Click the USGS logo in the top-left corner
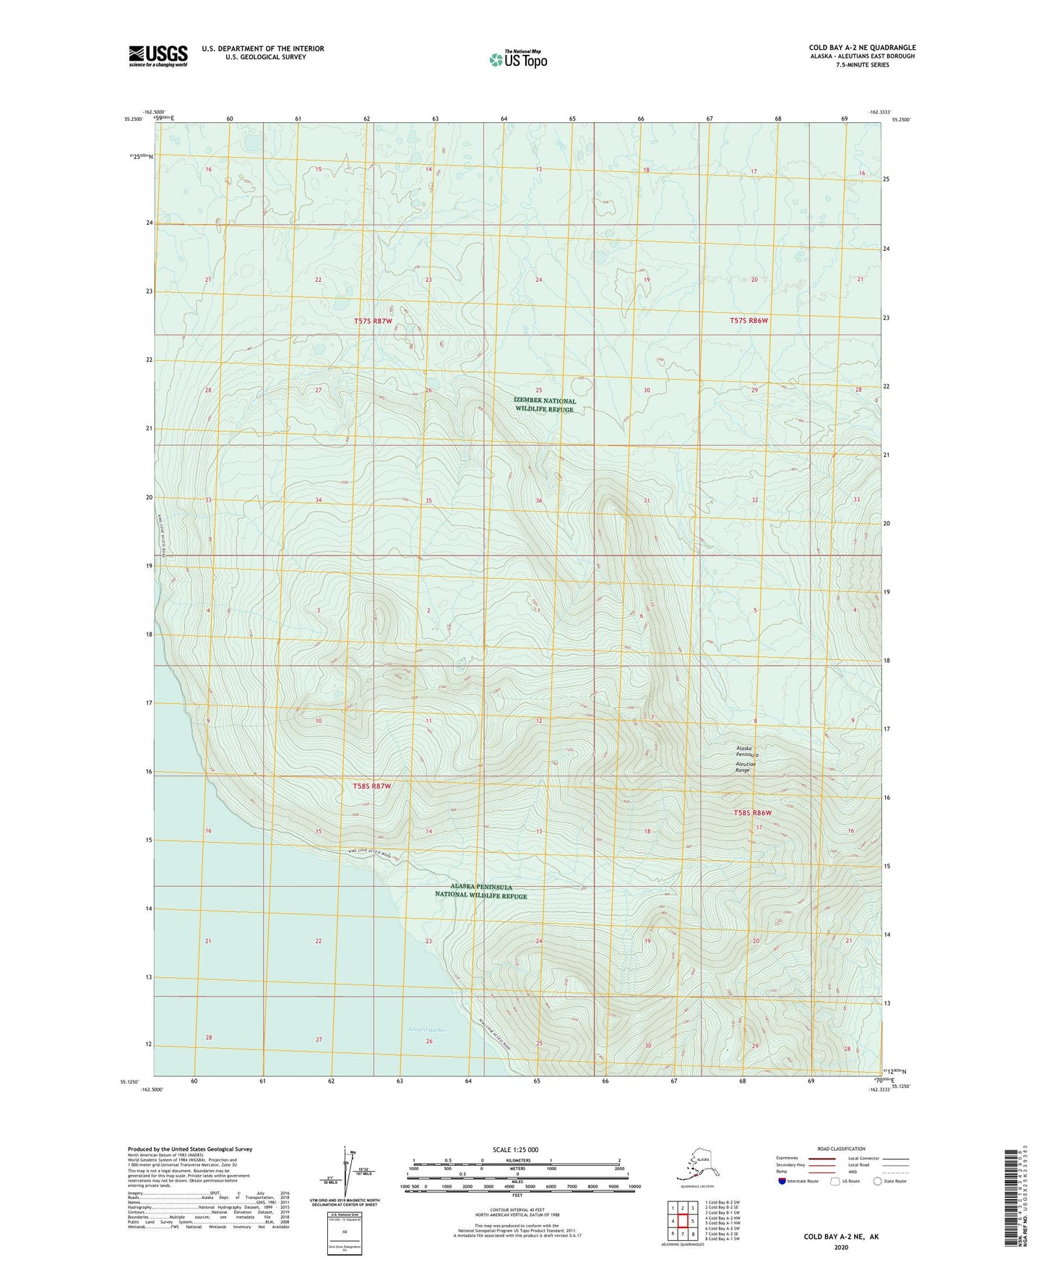coord(158,56)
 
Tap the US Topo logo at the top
coord(518,59)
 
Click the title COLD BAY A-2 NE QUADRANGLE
coord(862,48)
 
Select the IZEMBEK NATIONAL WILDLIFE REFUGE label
coord(545,405)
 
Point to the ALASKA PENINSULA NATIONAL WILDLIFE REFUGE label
coord(481,890)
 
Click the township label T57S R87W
coord(373,321)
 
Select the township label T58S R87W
coord(372,786)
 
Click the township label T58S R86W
coord(753,812)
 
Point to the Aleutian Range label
coord(746,767)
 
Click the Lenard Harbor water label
coord(428,1030)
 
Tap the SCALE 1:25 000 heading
coord(516,1149)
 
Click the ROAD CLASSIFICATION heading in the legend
coord(841,1149)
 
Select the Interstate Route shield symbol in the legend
coord(782,1181)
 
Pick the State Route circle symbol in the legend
coord(878,1181)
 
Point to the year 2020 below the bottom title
coord(841,1248)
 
